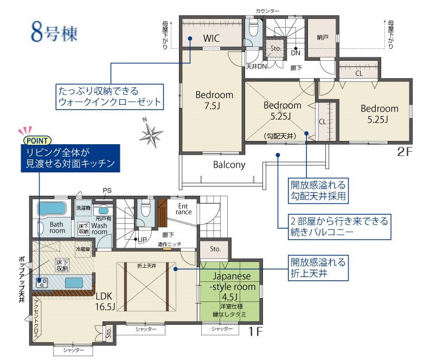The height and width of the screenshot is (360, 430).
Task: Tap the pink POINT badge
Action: pos(37,140)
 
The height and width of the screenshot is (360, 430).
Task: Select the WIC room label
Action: pos(211,38)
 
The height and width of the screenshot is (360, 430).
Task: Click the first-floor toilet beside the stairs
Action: pos(145,208)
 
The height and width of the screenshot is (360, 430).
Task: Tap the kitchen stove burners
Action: pos(42,282)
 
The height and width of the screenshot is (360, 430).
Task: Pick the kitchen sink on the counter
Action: pos(74,282)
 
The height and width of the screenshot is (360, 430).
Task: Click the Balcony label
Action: pos(229,164)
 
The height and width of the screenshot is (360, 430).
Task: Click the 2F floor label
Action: pos(405,152)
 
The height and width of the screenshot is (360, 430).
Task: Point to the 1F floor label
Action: pos(255,332)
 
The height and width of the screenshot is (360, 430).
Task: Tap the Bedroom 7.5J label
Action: pos(214,100)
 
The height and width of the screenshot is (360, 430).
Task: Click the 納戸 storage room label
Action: pos(323,37)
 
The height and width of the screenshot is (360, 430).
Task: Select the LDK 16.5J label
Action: pos(105,301)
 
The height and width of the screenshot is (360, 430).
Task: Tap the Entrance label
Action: pos(184,209)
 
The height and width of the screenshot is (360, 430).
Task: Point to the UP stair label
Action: pos(142,240)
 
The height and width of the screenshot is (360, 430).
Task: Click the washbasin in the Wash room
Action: pos(103,210)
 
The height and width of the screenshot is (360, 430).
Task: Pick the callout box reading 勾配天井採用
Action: pos(318,191)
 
